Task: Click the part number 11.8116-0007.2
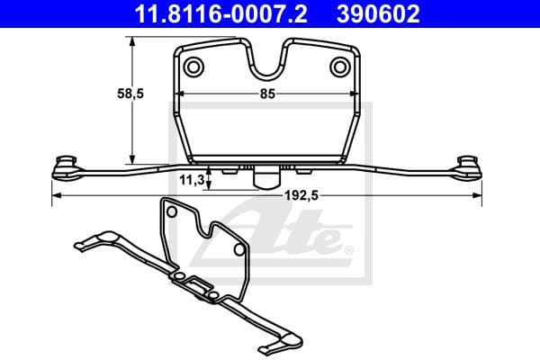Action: [208, 13]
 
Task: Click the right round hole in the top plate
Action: [339, 66]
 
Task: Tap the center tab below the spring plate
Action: [265, 177]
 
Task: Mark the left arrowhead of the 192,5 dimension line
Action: [56, 195]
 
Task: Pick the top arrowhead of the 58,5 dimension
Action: [132, 41]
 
